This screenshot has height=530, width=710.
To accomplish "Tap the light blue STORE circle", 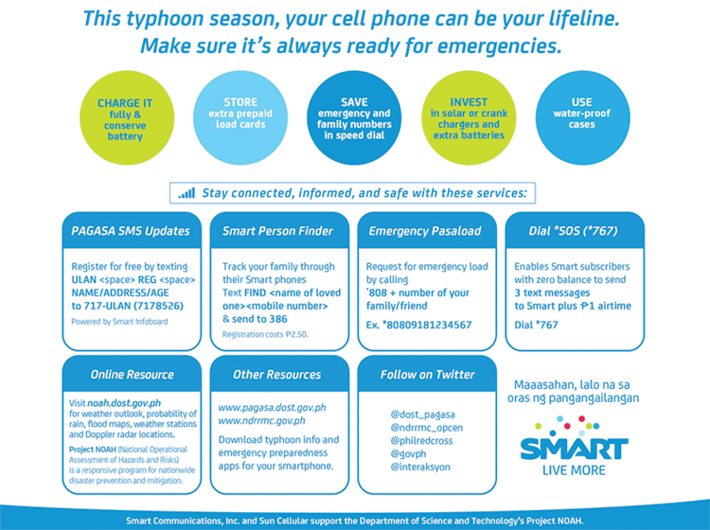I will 240,117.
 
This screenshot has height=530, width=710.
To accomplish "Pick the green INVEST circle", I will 470,118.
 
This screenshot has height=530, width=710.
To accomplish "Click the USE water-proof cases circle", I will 582,117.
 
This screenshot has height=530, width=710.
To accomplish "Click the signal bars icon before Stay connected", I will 186,193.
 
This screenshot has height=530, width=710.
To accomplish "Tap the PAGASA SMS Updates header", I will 131,230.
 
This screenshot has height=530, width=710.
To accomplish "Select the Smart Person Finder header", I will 277,230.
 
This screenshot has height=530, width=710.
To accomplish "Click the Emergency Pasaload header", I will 425,230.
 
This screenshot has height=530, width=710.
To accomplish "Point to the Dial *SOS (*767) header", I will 573,230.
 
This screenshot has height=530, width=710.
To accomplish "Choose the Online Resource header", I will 131,374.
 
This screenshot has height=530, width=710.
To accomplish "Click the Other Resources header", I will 277,374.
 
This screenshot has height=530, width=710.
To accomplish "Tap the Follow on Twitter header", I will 426,374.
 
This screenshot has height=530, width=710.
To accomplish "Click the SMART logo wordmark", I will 575,447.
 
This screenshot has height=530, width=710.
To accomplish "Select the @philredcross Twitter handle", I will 423,440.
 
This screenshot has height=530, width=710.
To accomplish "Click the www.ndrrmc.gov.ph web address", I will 261,420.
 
